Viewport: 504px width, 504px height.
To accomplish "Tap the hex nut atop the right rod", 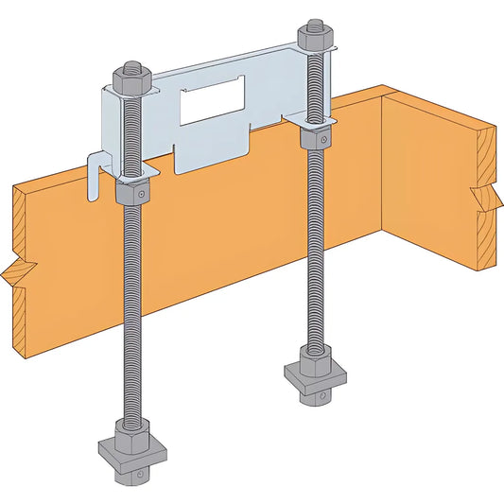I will pos(313,39).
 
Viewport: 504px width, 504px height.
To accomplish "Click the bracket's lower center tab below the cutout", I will pos(211,154).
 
